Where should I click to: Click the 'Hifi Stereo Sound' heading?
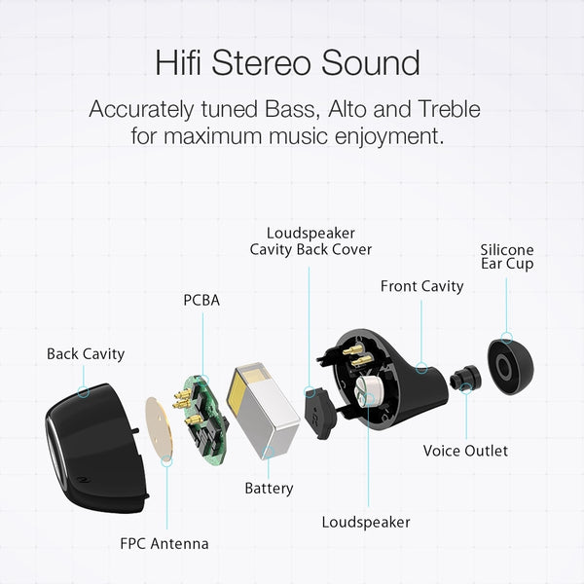click(x=287, y=62)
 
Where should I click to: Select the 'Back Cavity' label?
click(x=86, y=353)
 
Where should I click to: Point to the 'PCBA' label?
click(x=201, y=300)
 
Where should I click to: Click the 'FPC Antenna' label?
click(x=165, y=543)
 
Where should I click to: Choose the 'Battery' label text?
click(x=269, y=488)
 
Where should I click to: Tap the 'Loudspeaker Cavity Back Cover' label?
click(x=310, y=241)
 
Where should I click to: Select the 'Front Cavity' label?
click(x=421, y=286)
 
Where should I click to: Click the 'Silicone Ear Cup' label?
click(x=507, y=257)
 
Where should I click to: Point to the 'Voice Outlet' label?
click(x=465, y=451)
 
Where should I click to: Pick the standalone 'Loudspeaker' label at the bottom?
click(x=366, y=522)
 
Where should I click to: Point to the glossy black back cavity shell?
click(x=92, y=438)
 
